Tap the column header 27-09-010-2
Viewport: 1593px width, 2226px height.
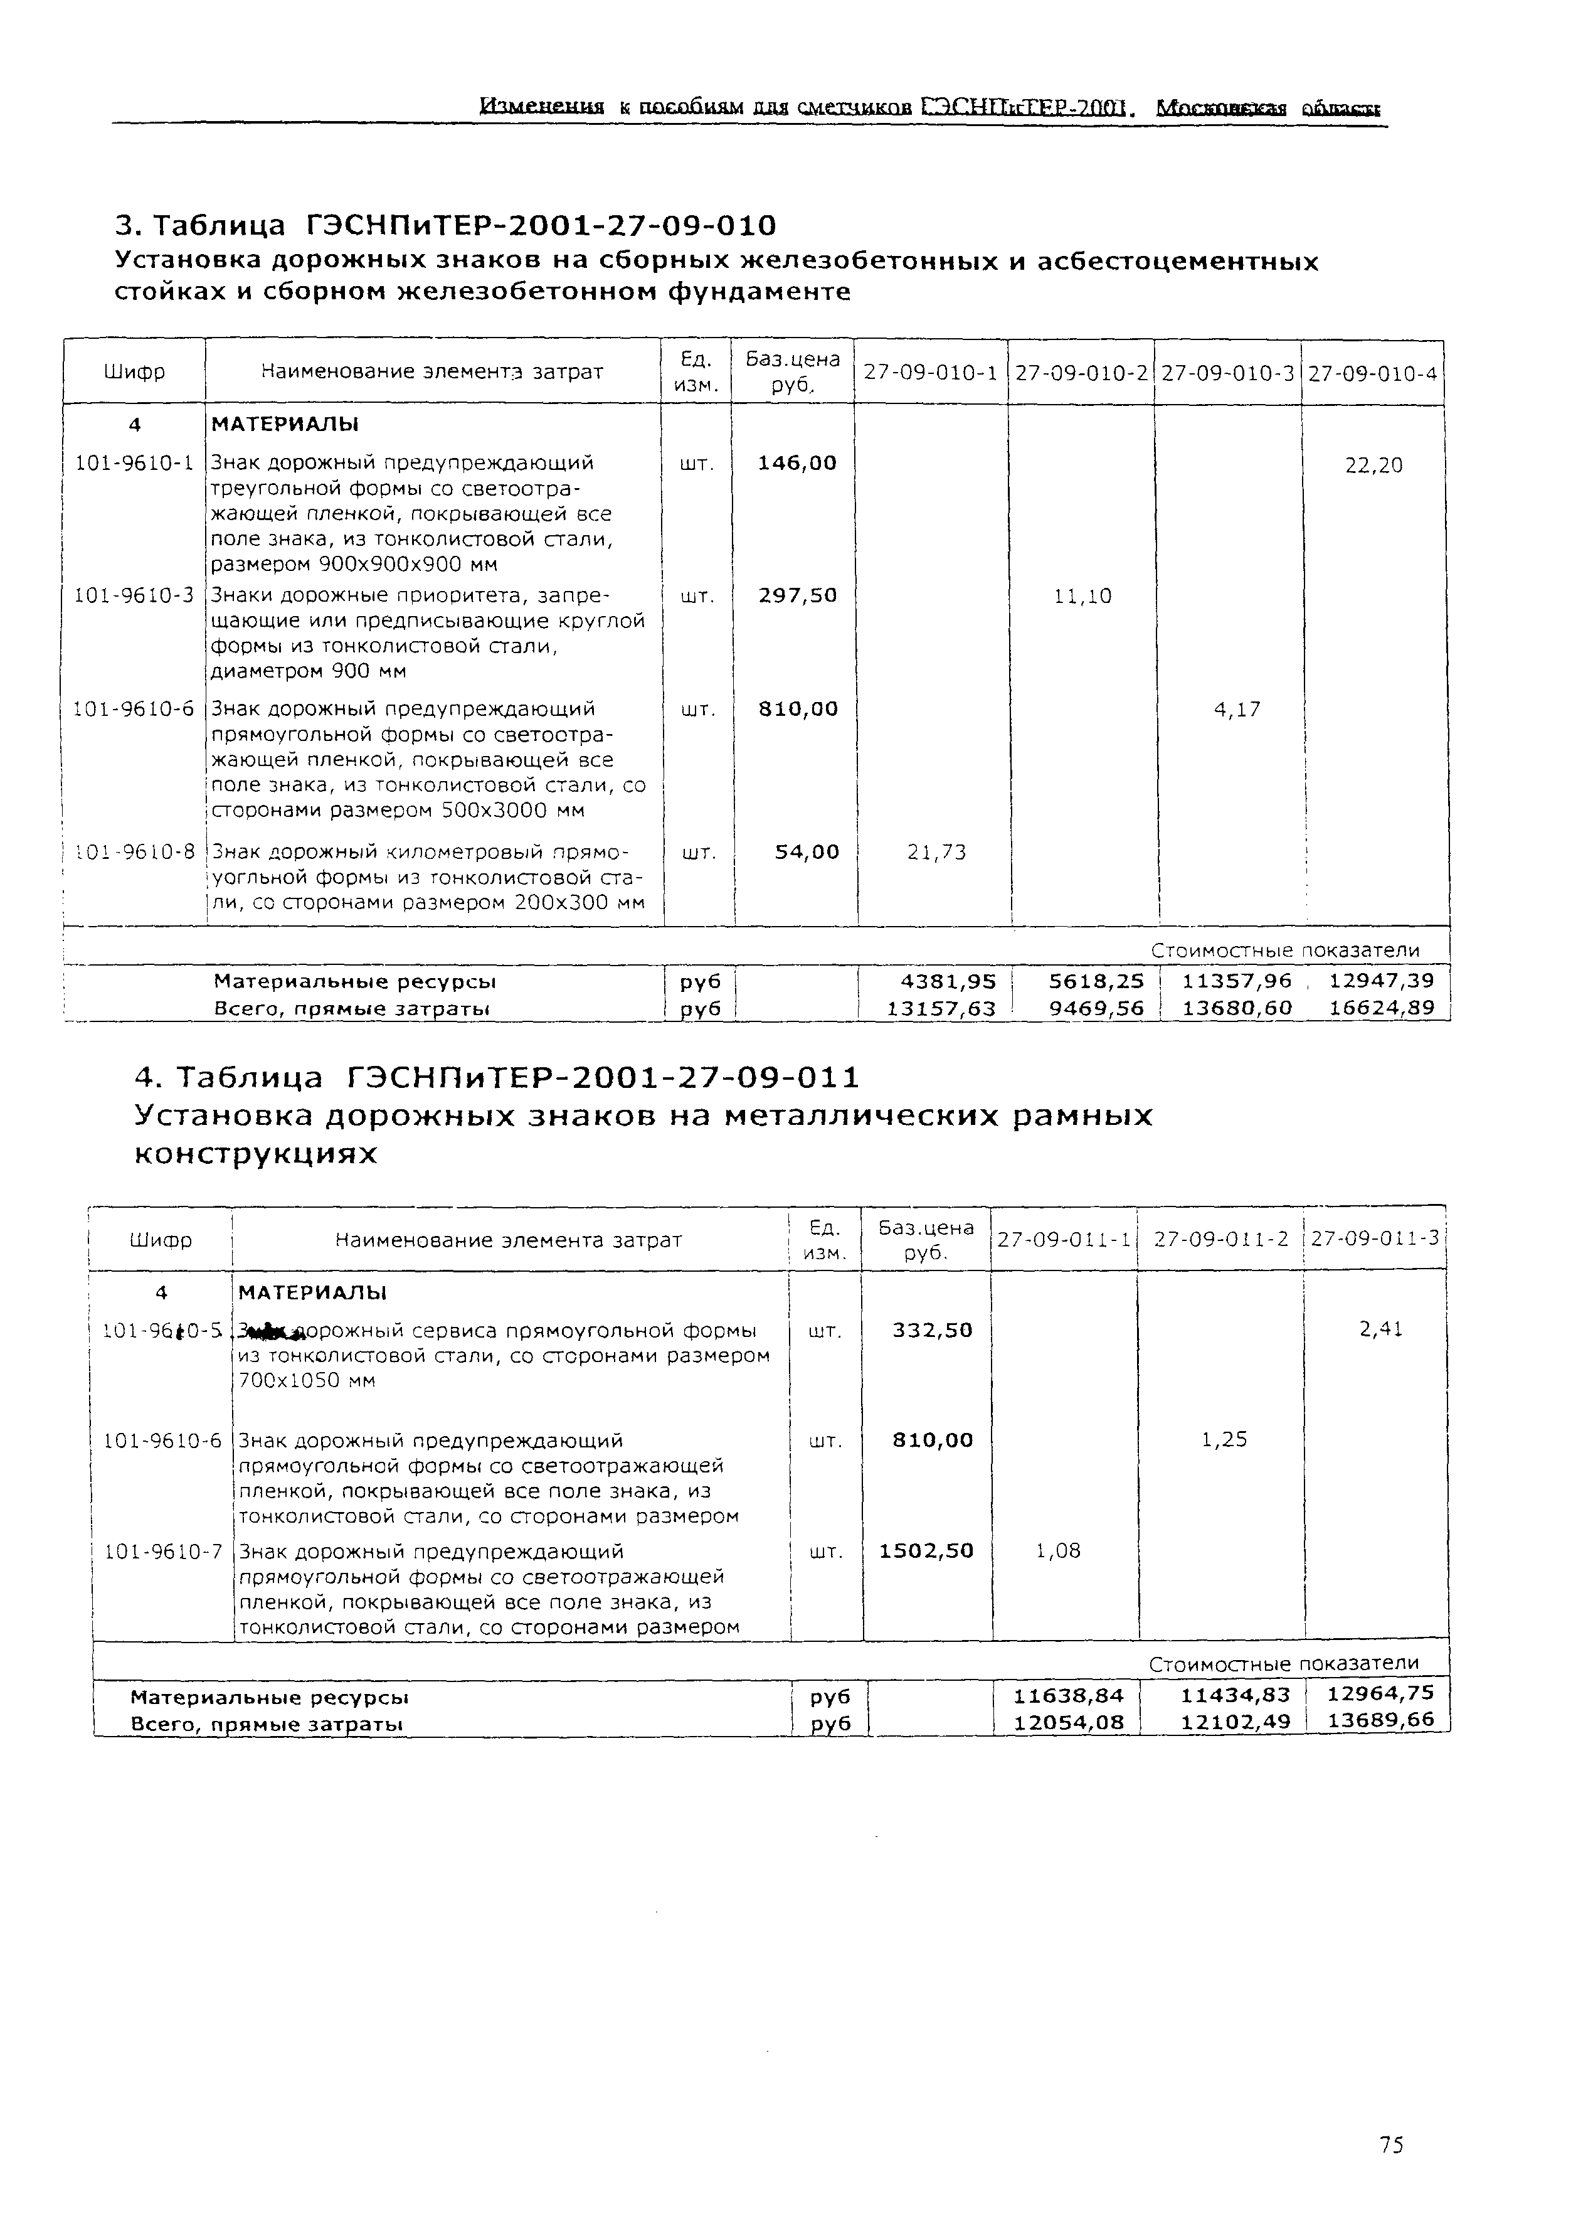coord(1081,373)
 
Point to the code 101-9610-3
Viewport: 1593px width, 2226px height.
coord(134,595)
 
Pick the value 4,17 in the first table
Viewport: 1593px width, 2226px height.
coord(1236,710)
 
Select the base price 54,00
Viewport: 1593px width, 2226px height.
coord(807,851)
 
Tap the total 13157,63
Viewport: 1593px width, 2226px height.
coord(941,1008)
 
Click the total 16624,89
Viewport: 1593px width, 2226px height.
coord(1381,1008)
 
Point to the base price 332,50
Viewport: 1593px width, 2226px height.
coord(932,1330)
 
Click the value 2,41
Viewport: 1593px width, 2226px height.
coord(1381,1329)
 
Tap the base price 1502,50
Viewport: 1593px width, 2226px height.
coord(926,1551)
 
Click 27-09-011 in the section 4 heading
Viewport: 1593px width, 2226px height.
coord(750,1078)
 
